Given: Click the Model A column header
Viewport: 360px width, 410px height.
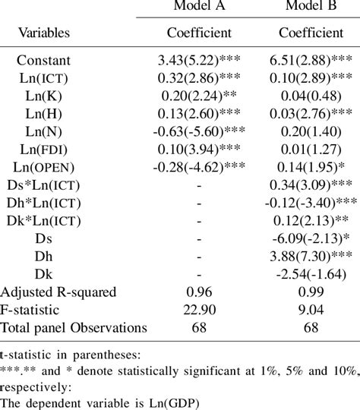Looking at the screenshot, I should [200, 8].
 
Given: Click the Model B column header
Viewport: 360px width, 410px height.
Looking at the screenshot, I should [311, 8].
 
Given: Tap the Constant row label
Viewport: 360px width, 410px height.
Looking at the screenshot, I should [46, 60].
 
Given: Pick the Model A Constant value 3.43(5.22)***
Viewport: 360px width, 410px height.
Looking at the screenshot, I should [200, 60].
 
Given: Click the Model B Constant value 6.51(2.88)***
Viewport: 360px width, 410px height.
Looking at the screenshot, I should [311, 60].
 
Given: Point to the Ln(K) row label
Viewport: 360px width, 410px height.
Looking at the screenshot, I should [46, 95].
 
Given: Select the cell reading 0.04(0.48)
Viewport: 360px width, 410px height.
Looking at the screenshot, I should [311, 95].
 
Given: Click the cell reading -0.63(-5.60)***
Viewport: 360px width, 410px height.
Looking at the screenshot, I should [200, 131].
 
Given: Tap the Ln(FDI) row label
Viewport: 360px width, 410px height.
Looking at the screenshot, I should [46, 149].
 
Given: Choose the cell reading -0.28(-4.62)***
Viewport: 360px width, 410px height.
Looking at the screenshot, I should [200, 166].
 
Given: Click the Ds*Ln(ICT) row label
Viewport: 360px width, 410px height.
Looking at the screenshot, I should [46, 184].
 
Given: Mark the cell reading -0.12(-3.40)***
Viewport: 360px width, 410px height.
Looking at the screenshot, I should [311, 203].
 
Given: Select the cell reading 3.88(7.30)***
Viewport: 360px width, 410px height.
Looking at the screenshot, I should [311, 256].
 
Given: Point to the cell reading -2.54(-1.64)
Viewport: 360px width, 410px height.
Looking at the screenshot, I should [311, 273].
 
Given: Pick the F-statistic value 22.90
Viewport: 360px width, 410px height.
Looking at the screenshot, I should [200, 310].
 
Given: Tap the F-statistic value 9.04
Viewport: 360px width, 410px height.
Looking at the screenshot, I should [311, 310].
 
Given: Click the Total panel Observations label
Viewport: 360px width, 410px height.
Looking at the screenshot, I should [74, 327].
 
